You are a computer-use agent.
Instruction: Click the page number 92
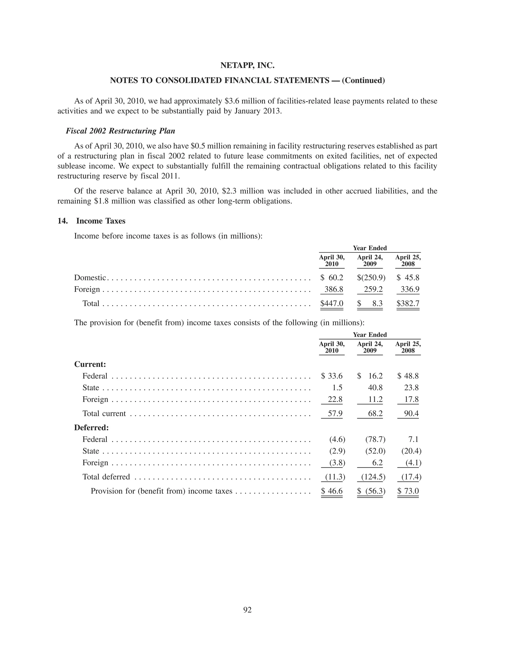point(247,610)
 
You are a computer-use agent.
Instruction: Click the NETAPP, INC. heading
point(247,65)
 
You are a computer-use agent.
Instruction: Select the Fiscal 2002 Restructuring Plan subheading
point(120,131)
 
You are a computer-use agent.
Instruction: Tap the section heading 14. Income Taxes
point(92,221)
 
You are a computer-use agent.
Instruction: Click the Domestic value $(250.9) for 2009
point(371,277)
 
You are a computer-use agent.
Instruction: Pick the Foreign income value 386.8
point(333,289)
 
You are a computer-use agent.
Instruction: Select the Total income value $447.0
point(332,303)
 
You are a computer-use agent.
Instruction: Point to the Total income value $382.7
point(408,303)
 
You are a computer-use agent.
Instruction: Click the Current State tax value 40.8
point(375,388)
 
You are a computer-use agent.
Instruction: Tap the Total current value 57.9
point(335,413)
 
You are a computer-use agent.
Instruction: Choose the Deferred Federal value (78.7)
point(375,439)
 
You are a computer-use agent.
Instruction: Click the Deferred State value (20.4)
point(411,451)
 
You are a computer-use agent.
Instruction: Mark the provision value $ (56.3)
point(371,491)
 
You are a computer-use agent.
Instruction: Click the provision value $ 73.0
point(408,491)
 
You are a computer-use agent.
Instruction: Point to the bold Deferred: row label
point(91,428)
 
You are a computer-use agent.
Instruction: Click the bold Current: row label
point(90,364)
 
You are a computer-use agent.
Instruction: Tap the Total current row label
point(104,413)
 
